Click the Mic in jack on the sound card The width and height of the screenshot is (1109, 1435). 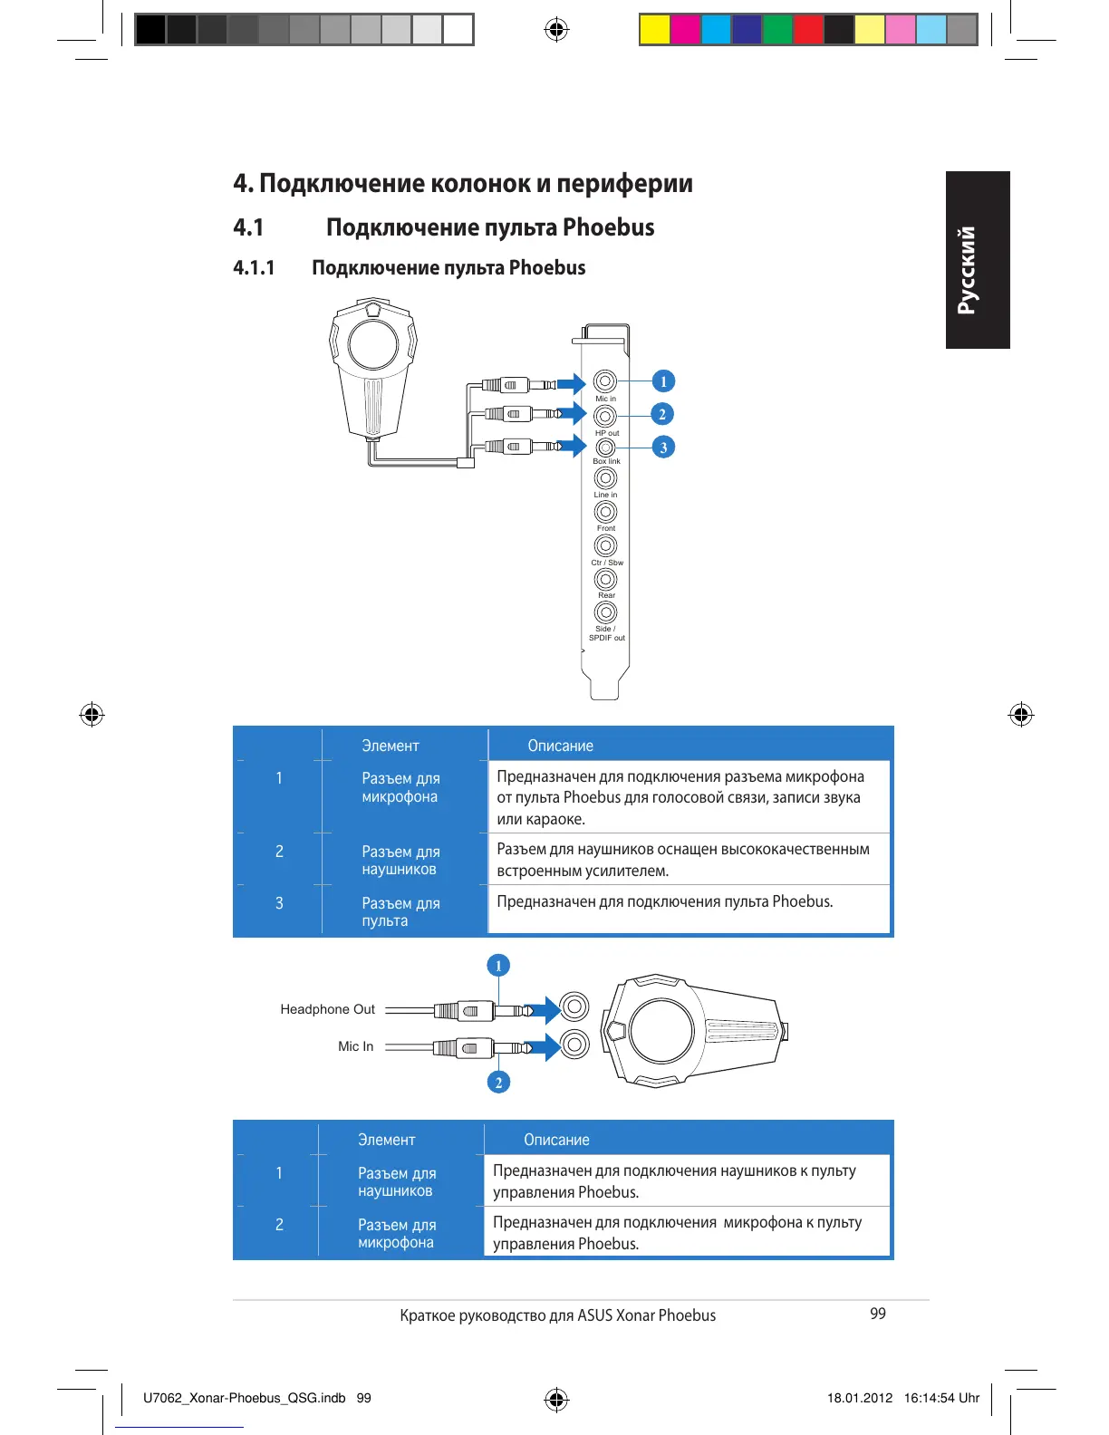pyautogui.click(x=605, y=381)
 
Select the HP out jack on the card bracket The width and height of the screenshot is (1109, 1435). pyautogui.click(x=605, y=416)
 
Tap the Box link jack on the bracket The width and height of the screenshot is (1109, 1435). pyautogui.click(x=605, y=448)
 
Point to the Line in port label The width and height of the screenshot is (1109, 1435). pyautogui.click(x=605, y=495)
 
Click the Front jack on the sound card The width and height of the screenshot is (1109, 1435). pyautogui.click(x=605, y=513)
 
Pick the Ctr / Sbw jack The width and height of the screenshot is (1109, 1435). pyautogui.click(x=605, y=546)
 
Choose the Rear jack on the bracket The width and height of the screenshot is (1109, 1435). pyautogui.click(x=605, y=579)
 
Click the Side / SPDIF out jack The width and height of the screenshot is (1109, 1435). pyautogui.click(x=605, y=612)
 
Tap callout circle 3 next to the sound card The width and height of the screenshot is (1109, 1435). pyautogui.click(x=663, y=448)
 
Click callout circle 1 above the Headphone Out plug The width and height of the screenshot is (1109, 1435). pyautogui.click(x=497, y=966)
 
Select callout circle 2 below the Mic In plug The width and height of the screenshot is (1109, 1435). pyautogui.click(x=497, y=1082)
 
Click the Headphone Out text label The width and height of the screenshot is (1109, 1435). pyautogui.click(x=327, y=1009)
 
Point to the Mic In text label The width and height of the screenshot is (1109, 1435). pyautogui.click(x=355, y=1046)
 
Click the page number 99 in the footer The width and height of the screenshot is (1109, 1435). pyautogui.click(x=877, y=1314)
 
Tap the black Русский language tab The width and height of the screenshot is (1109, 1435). pyautogui.click(x=977, y=260)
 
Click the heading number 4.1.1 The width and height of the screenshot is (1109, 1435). pyautogui.click(x=254, y=268)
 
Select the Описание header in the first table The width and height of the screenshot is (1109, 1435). pyautogui.click(x=560, y=746)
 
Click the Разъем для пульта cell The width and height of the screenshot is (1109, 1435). pyautogui.click(x=400, y=911)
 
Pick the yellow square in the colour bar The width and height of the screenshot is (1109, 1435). pyautogui.click(x=654, y=30)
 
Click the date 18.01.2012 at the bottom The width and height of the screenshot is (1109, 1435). pyautogui.click(x=859, y=1398)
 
